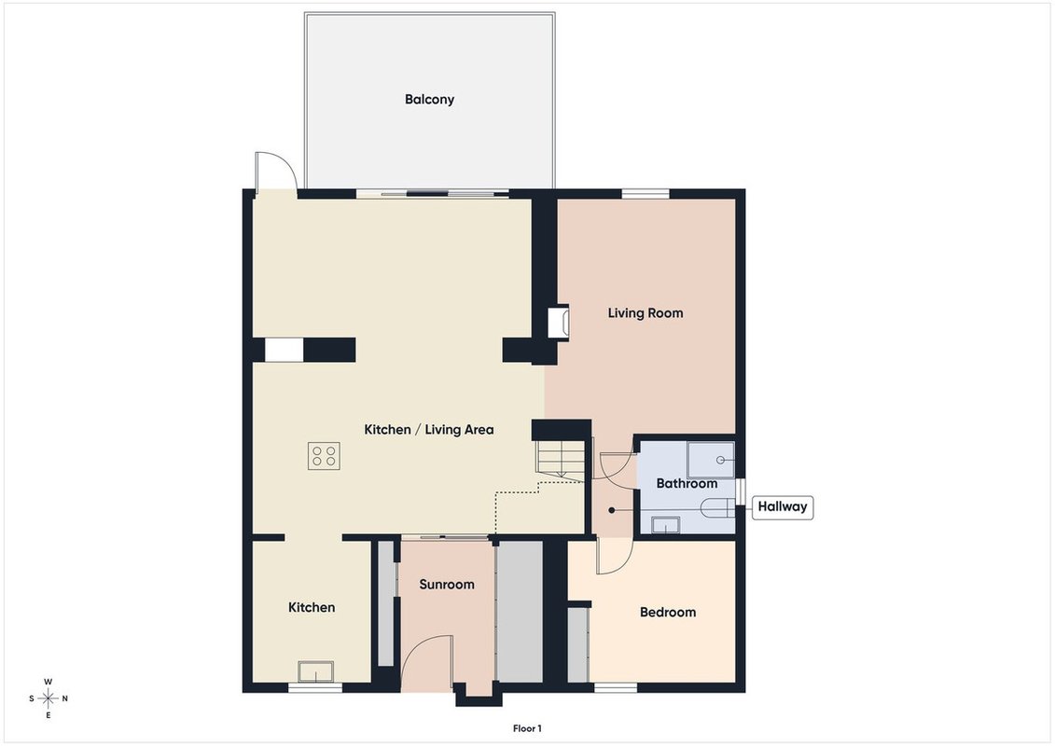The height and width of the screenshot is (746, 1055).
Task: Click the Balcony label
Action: pos(429,100)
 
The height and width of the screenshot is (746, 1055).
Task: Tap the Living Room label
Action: pos(645,312)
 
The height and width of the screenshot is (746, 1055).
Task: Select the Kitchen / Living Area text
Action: pos(428,429)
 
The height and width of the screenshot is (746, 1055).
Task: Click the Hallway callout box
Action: pos(782,506)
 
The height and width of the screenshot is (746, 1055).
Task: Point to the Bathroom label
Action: pos(687,483)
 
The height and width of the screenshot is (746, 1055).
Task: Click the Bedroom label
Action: pos(668,612)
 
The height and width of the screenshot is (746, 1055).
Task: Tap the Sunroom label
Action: pos(447,585)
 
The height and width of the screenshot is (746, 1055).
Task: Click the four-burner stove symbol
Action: pos(324,455)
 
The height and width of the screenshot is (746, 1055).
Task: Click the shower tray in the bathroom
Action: pos(711,460)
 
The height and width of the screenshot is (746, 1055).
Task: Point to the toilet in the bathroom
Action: pos(716,508)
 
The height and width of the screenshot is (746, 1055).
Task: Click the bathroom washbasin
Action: pos(665,525)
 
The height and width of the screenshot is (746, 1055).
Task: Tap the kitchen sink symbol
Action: pos(316,671)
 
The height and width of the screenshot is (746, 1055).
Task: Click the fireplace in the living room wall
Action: pos(559,323)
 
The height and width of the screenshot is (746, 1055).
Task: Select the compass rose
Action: pos(48,698)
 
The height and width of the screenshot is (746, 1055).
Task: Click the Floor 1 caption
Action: pos(527,728)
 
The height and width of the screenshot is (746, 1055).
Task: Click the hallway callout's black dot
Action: pos(612,511)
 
